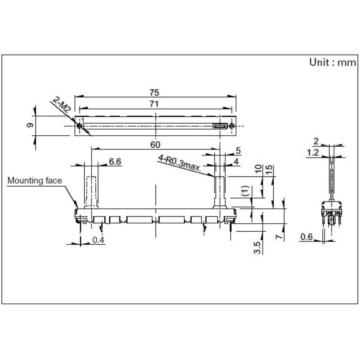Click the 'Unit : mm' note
tap(333, 62)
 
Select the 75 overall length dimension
tap(154, 92)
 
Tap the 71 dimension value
tap(154, 104)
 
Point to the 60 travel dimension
tap(155, 144)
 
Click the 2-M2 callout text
tap(61, 105)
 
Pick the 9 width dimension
tap(30, 125)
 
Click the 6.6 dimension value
tap(115, 161)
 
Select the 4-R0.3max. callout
tap(179, 163)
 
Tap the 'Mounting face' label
tap(35, 180)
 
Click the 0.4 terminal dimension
tap(98, 240)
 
